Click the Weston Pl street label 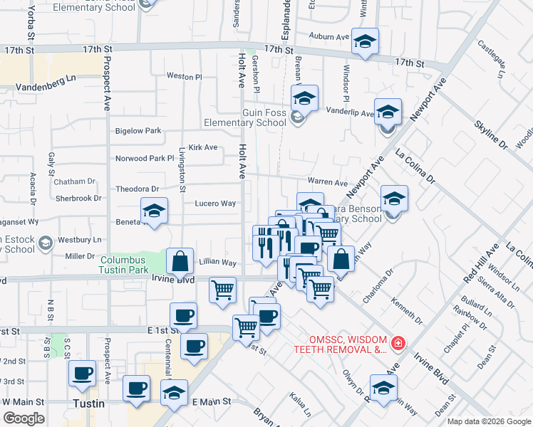pos(184,76)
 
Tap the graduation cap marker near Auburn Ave pos(365,41)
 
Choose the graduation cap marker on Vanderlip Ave pos(388,112)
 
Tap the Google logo pos(23,418)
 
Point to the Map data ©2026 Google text pos(489,421)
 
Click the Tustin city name pos(90,404)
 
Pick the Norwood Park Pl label pos(145,159)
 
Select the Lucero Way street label pos(215,204)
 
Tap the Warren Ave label pos(327,183)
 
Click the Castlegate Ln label pos(492,59)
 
